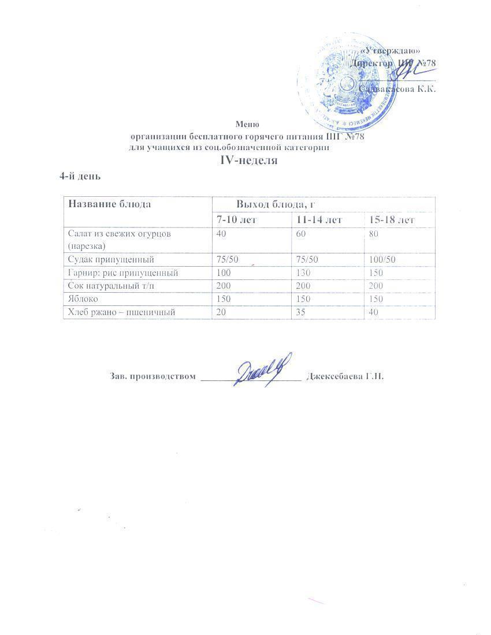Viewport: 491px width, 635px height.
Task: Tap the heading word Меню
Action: (x=247, y=124)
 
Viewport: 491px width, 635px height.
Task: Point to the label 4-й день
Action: (x=80, y=177)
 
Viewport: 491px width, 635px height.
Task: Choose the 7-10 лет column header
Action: (x=237, y=220)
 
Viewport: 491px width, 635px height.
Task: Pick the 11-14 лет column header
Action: (x=319, y=220)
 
